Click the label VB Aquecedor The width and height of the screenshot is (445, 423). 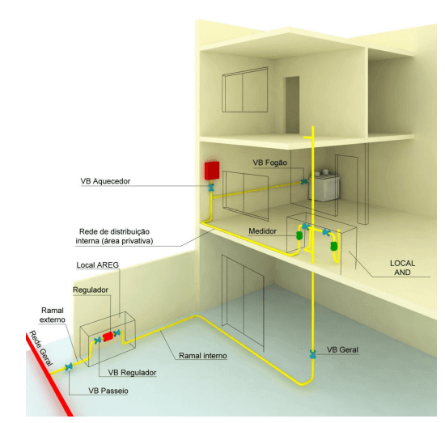tap(105, 181)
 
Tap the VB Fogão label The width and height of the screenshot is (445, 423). tap(270, 163)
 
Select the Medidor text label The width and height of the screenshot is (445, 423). tap(262, 231)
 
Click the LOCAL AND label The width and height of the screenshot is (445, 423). tap(402, 268)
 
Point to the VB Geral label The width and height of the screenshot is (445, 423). tap(342, 349)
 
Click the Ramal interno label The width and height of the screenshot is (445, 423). tap(203, 356)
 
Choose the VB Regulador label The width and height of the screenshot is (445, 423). tap(132, 373)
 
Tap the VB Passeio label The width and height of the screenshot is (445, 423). tap(108, 391)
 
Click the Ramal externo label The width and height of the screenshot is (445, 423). tap(53, 315)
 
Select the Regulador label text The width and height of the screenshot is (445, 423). tap(91, 290)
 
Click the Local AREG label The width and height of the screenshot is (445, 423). tap(97, 265)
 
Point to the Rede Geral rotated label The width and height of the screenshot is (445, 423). tap(41, 348)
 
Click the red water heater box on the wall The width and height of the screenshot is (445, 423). tap(212, 171)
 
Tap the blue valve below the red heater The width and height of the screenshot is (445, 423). tap(211, 188)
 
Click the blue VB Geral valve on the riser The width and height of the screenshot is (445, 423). tap(313, 353)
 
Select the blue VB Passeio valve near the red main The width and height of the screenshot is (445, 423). tap(69, 367)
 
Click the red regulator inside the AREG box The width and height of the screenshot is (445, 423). tap(108, 336)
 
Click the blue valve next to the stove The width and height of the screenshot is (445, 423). tap(304, 181)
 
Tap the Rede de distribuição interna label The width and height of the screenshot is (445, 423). tap(114, 236)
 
